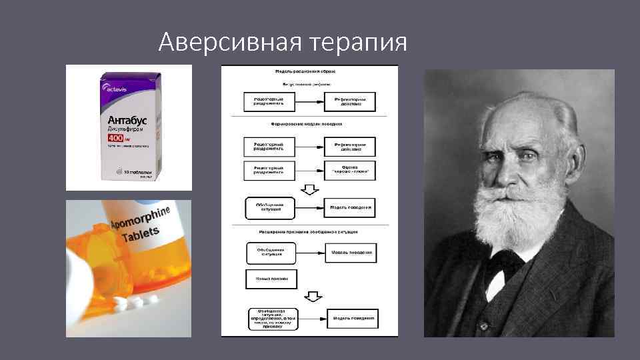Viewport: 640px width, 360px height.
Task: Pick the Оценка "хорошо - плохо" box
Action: (x=350, y=170)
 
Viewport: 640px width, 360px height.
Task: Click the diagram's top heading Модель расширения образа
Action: (x=309, y=70)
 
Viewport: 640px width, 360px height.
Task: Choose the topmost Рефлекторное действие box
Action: (x=350, y=101)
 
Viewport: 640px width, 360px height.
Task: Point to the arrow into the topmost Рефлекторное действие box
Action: (x=310, y=101)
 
